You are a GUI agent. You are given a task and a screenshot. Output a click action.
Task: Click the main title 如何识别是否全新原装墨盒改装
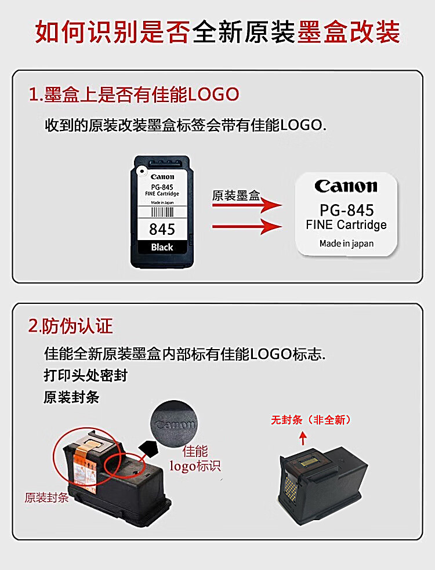(x=217, y=32)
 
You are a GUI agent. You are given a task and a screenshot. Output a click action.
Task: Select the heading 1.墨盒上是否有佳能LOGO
(x=134, y=95)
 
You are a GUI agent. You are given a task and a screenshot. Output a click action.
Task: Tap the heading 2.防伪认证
(x=71, y=326)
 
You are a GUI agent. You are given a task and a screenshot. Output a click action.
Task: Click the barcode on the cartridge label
(x=162, y=212)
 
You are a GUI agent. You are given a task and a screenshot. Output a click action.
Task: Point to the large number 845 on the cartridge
(x=162, y=230)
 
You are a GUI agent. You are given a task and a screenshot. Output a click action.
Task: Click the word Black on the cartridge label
(x=162, y=247)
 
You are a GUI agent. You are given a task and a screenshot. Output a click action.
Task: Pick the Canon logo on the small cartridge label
(x=162, y=177)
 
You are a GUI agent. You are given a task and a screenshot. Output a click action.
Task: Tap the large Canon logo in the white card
(x=346, y=186)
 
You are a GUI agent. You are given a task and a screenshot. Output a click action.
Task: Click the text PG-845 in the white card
(x=347, y=210)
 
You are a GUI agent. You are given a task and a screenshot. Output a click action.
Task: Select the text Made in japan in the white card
(x=347, y=244)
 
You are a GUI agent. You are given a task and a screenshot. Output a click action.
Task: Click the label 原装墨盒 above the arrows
(x=236, y=195)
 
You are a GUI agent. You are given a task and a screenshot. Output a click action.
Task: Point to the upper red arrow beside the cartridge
(x=247, y=205)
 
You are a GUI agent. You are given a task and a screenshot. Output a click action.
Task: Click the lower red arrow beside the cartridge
(x=247, y=227)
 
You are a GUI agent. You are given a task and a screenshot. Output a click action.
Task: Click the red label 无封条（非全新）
(x=311, y=420)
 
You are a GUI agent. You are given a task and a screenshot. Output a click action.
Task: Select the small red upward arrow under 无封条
(x=303, y=438)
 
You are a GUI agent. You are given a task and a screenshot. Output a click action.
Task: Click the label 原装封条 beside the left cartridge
(x=46, y=498)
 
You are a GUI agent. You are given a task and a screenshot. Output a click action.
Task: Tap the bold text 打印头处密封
(x=85, y=376)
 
